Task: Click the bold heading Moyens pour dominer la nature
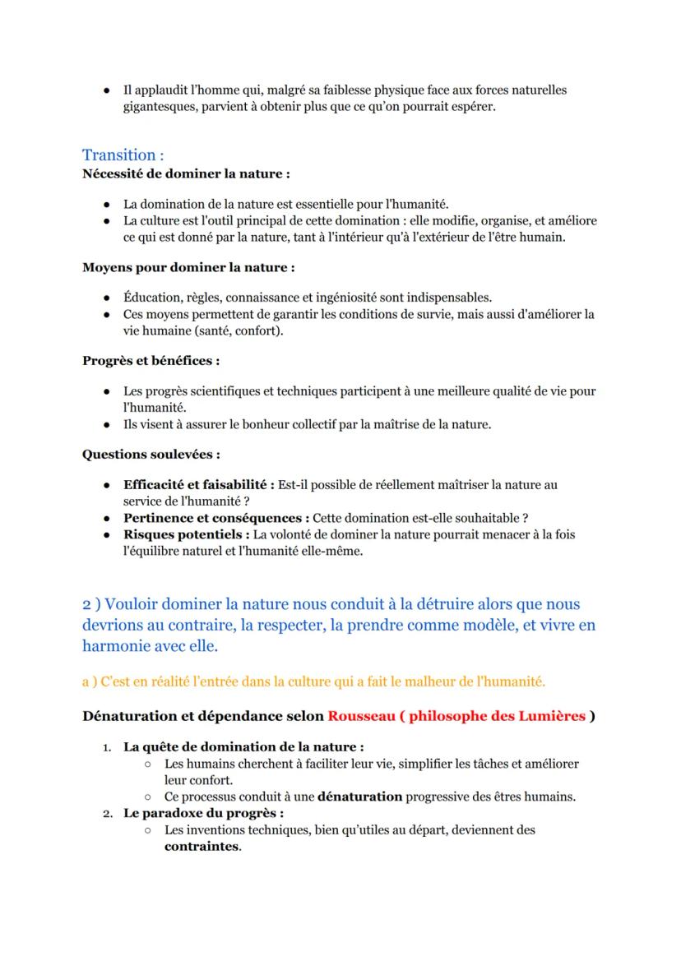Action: [x=188, y=267]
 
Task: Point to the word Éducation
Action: [x=152, y=297]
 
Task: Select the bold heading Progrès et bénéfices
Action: [x=151, y=360]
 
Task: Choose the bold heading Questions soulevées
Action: [x=151, y=454]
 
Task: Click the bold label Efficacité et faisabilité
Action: [x=198, y=485]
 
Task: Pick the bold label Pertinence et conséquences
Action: [x=215, y=517]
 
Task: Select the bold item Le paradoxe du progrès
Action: [x=191, y=813]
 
